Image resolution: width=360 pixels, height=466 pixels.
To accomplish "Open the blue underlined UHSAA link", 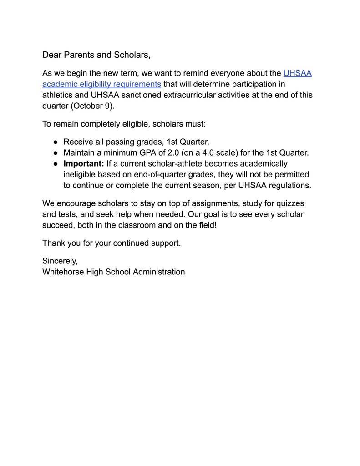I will (297, 73).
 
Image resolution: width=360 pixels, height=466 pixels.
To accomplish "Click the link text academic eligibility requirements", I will (101, 84).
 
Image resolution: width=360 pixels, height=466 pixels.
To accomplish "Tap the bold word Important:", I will (84, 164).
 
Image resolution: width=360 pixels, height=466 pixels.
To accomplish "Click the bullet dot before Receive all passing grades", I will (55, 142).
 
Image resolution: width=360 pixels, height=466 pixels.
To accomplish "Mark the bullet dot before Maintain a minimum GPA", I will (55, 153).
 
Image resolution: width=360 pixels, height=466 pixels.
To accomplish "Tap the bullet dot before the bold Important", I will (55, 164).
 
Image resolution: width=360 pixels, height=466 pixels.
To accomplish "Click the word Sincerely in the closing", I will (60, 261).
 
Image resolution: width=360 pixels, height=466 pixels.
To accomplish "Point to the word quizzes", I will (289, 203).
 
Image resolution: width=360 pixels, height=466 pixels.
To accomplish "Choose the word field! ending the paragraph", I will (206, 225).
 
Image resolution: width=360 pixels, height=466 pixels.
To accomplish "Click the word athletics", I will (58, 95).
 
